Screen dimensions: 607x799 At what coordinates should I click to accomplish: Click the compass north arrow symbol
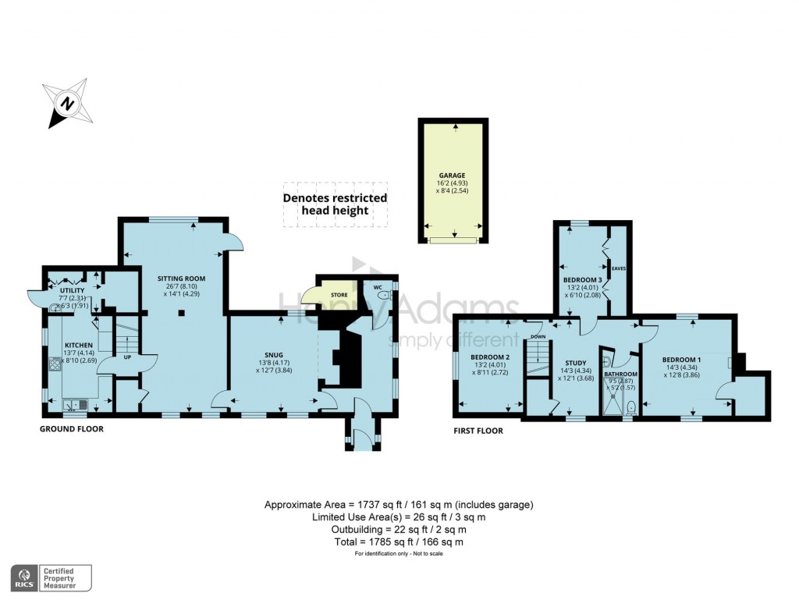[67, 103]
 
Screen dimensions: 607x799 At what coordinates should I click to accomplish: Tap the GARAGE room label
[452, 176]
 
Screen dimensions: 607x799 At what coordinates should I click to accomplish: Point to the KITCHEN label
[79, 345]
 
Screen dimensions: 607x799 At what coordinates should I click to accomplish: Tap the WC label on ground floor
[378, 286]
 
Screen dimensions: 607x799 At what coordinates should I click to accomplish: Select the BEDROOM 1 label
[688, 358]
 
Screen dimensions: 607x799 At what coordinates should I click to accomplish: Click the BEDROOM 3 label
[582, 279]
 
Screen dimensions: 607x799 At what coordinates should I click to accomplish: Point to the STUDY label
[576, 364]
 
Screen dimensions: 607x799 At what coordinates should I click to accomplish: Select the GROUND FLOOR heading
[72, 429]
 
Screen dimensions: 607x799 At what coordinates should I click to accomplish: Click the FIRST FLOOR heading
[479, 430]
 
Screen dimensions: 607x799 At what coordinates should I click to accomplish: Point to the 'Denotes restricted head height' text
[335, 204]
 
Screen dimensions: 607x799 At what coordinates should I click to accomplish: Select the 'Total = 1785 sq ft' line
[399, 541]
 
